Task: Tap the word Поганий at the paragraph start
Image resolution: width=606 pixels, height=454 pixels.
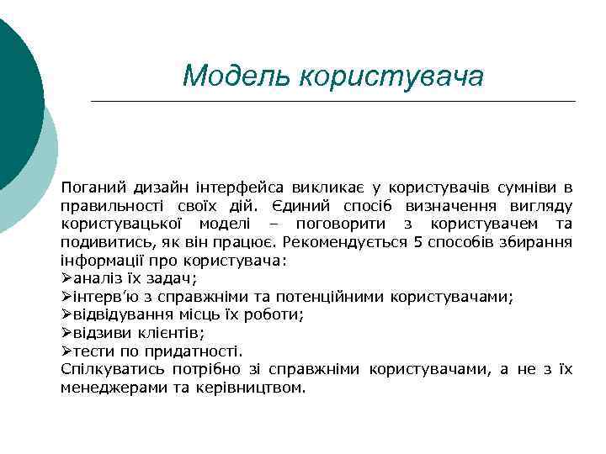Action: tap(90, 187)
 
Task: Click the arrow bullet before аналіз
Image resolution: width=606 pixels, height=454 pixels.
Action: tap(66, 278)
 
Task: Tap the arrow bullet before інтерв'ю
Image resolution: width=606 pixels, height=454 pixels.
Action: tap(66, 297)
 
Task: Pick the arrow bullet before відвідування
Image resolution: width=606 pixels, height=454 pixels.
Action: tap(66, 315)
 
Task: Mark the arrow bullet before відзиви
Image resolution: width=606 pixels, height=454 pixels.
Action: tap(66, 333)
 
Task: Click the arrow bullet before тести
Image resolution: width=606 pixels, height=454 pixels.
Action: tap(66, 351)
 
